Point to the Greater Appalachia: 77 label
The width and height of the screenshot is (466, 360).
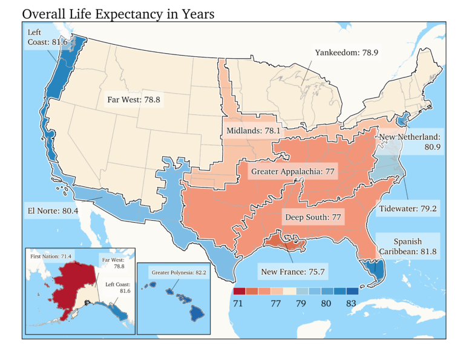293,172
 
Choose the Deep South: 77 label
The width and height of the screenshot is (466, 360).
313,216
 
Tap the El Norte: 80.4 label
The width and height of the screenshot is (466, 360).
52,212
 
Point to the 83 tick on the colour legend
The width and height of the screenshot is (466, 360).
352,304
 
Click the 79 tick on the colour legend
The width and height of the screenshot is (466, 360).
301,304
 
